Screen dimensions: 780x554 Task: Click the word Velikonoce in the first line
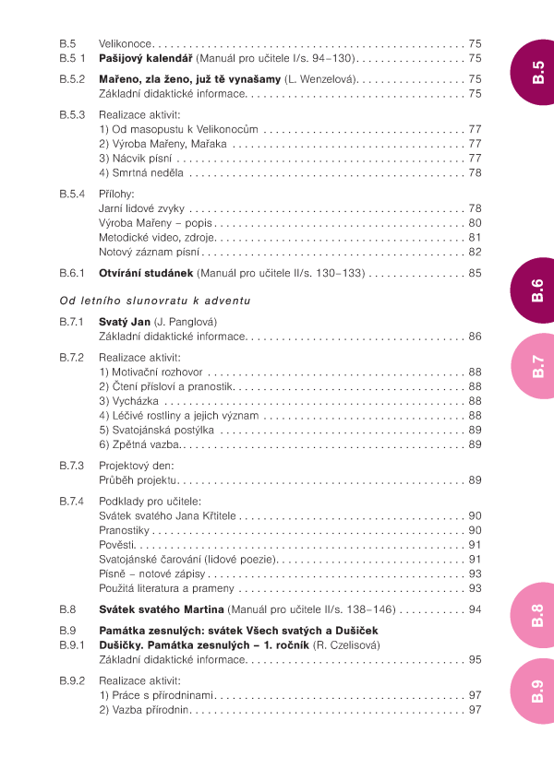(125, 43)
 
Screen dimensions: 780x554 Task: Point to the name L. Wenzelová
(322, 79)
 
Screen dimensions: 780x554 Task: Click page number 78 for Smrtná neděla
(475, 172)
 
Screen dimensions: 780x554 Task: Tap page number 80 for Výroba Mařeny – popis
(475, 222)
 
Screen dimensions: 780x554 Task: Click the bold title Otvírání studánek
(145, 273)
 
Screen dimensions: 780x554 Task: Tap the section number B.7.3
(72, 466)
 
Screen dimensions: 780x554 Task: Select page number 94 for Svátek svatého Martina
(475, 609)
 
